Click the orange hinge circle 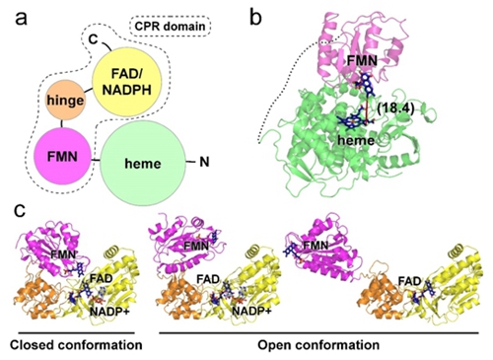coord(65,101)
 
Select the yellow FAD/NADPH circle coord(126,83)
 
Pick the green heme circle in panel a coord(142,164)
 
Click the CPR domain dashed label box coord(171,27)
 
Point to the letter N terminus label coord(204,162)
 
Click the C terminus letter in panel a coord(94,39)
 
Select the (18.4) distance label coord(395,108)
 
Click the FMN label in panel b coord(363,60)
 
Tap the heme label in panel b coord(356,140)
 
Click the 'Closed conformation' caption coord(76,345)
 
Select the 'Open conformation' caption coord(318,345)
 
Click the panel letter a coord(22,19)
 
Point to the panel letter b coord(255,17)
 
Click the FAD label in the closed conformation coord(102,278)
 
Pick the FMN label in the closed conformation coord(64,253)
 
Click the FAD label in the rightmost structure coord(410,281)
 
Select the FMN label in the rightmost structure coord(316,246)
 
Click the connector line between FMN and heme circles coord(96,160)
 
